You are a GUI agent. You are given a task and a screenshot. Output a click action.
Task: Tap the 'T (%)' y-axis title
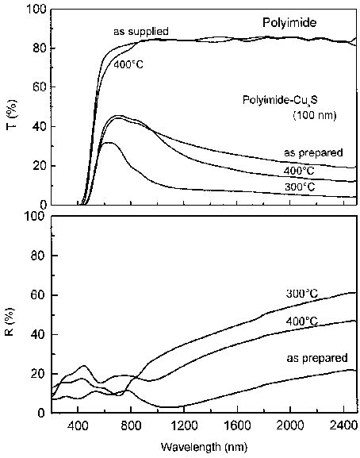click(11, 108)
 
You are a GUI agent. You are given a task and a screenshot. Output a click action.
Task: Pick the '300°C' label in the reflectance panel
click(301, 294)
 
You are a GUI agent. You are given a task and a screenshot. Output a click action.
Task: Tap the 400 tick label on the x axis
click(78, 425)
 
